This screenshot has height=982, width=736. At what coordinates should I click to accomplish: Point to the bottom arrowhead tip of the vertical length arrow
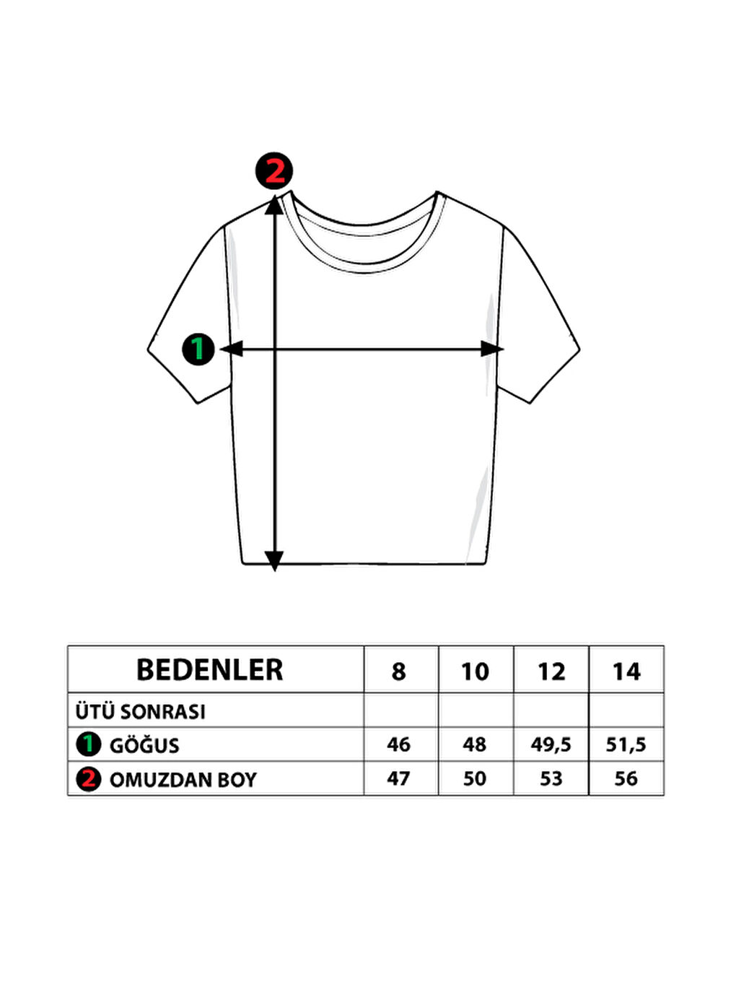[x=274, y=571]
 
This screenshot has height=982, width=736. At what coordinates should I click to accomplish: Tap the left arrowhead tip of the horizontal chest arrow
[x=220, y=349]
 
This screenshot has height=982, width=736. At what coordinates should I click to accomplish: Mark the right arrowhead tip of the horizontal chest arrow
[x=504, y=349]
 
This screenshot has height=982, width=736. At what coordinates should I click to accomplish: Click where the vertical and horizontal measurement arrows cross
[x=274, y=349]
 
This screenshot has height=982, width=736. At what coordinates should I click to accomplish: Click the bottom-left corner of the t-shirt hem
[x=242, y=564]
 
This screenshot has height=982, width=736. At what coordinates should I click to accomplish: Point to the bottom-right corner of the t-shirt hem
[x=486, y=564]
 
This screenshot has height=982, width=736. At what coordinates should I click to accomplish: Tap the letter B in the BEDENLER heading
[x=146, y=670]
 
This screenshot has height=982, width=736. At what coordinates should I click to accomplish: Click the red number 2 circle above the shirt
[x=274, y=170]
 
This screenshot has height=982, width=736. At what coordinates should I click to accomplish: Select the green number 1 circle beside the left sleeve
[x=198, y=349]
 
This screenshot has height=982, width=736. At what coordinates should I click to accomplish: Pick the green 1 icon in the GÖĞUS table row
[x=89, y=744]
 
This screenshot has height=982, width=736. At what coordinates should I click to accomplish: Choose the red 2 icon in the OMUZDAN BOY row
[x=89, y=779]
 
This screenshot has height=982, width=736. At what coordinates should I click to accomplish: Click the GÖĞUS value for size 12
[x=551, y=744]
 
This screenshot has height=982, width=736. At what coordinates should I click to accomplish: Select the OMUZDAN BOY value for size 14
[x=626, y=779]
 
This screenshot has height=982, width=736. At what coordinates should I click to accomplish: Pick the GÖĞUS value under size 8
[x=398, y=744]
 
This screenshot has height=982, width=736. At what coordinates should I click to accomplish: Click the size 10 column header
[x=475, y=672]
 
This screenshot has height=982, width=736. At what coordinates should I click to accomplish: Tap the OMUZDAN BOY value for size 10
[x=475, y=779]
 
